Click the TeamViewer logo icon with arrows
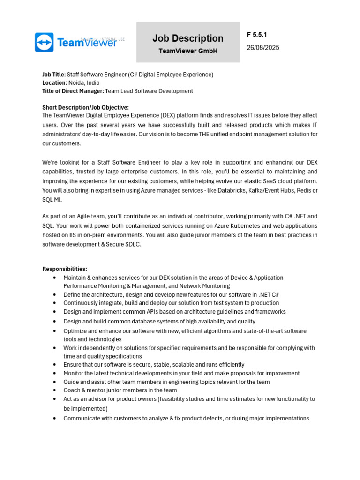[x=44, y=42]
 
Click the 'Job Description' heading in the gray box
[x=188, y=38]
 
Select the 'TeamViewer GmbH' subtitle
[x=188, y=51]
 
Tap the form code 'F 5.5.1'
[x=257, y=35]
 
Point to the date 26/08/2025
[x=263, y=48]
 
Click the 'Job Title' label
[x=53, y=75]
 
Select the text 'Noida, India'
[x=84, y=83]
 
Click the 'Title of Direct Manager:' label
[x=73, y=91]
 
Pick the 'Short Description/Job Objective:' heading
[x=85, y=107]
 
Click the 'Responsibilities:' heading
[x=65, y=269]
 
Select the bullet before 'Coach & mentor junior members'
[x=55, y=390]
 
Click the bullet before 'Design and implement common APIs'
[x=55, y=312]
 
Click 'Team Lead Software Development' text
[x=149, y=91]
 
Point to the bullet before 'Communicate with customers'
[x=55, y=419]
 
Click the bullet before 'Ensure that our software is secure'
[x=55, y=365]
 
